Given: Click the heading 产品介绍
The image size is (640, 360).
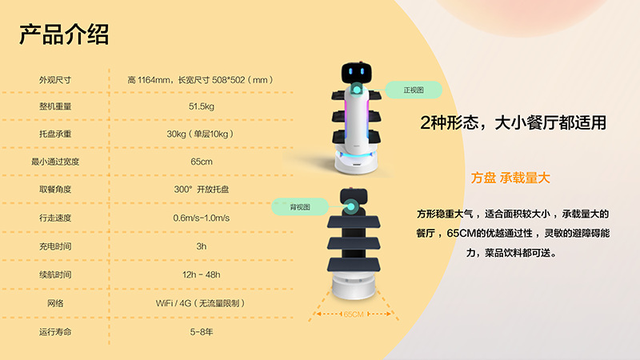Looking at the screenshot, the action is (64, 34).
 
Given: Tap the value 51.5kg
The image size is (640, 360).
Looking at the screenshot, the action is (202, 106).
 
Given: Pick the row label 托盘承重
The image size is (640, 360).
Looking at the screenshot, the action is (55, 134).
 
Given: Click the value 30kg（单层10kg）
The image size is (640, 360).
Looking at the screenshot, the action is (202, 134).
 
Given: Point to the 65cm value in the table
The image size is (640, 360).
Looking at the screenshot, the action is (202, 162).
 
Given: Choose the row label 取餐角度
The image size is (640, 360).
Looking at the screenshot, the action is (55, 190).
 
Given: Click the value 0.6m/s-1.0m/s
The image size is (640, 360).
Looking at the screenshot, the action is (202, 218).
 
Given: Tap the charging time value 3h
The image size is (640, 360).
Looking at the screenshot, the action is (202, 246).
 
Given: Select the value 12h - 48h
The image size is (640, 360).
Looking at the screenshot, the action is (202, 274).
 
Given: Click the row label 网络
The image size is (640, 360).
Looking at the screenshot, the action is (55, 303).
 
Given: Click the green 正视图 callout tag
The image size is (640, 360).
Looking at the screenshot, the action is (412, 90).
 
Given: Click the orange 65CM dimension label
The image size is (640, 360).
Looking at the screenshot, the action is (353, 314).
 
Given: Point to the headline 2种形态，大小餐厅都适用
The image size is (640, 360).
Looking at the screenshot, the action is (513, 123).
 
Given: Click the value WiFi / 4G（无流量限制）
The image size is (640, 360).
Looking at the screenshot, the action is (202, 303).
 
